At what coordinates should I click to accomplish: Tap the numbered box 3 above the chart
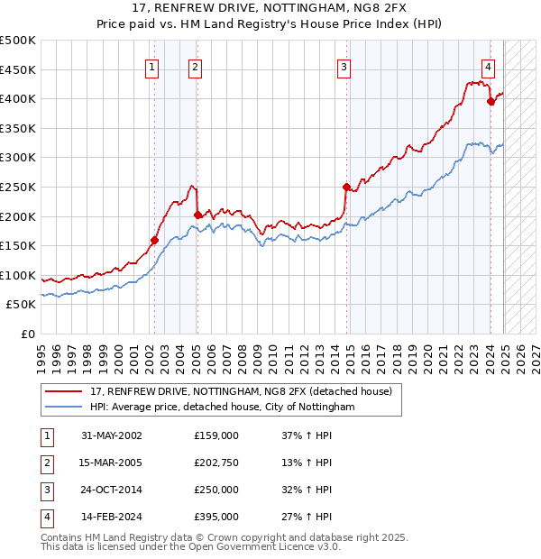[344, 66]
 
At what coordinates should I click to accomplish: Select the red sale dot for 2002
[154, 240]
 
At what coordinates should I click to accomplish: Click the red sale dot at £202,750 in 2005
[197, 215]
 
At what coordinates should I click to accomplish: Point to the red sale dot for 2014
[346, 187]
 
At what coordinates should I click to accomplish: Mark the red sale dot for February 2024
[491, 101]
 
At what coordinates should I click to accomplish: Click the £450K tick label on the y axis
[18, 69]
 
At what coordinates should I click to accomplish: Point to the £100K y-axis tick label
[18, 275]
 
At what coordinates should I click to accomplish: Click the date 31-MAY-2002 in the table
[111, 435]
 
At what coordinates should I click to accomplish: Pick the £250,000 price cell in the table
[216, 490]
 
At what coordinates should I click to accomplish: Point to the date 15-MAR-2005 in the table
[111, 463]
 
